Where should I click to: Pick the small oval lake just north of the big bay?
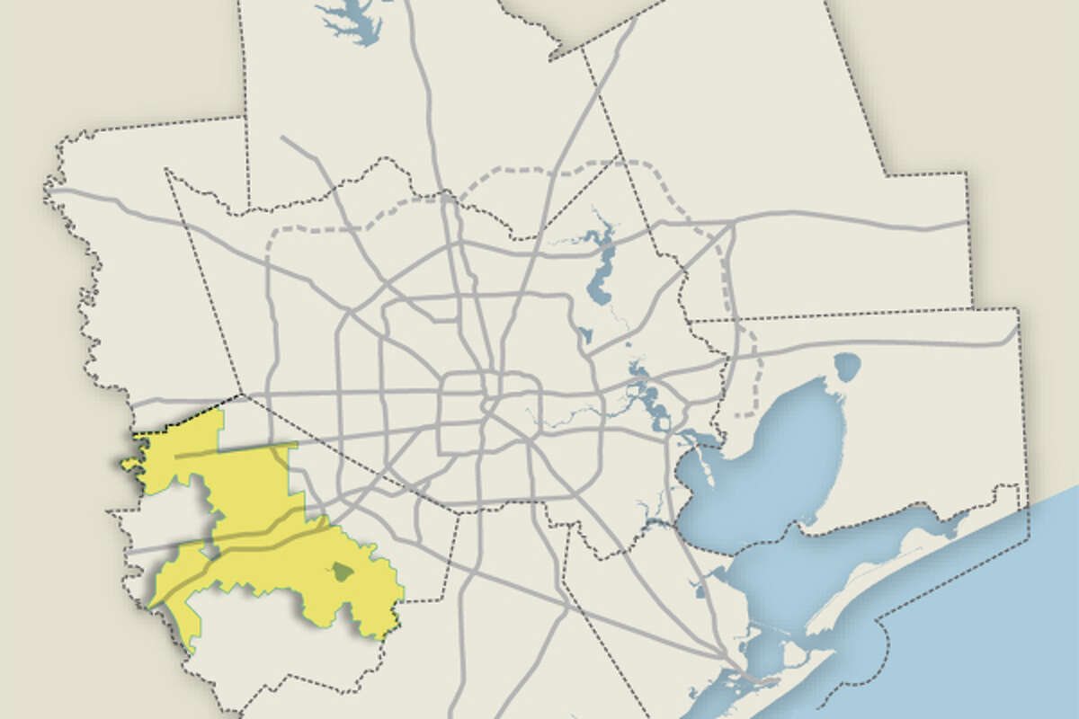pos(847,366)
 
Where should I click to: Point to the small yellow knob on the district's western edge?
pos(129,464)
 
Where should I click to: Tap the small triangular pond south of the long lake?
pos(585,335)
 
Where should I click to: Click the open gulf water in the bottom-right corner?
pos(1007,647)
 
